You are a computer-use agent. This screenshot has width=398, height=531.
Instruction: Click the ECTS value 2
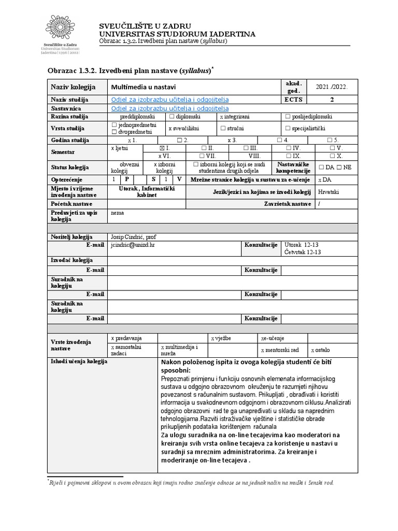[332, 100]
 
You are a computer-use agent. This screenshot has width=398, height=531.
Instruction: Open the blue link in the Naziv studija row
[170, 100]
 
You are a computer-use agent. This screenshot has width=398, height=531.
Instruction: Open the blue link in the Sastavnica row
[170, 108]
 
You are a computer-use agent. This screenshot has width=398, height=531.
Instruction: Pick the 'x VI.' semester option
[164, 156]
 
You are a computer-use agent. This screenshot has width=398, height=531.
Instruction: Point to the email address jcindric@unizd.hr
[133, 244]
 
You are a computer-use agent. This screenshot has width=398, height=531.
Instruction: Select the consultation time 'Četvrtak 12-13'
[303, 252]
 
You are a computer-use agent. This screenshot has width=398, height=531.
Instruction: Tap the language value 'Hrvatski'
[329, 191]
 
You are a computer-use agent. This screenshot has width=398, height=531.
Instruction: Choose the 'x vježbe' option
[220, 338]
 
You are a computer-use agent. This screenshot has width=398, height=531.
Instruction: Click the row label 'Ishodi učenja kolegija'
[78, 361]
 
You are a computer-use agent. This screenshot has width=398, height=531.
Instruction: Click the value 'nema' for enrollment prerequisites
[118, 213]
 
